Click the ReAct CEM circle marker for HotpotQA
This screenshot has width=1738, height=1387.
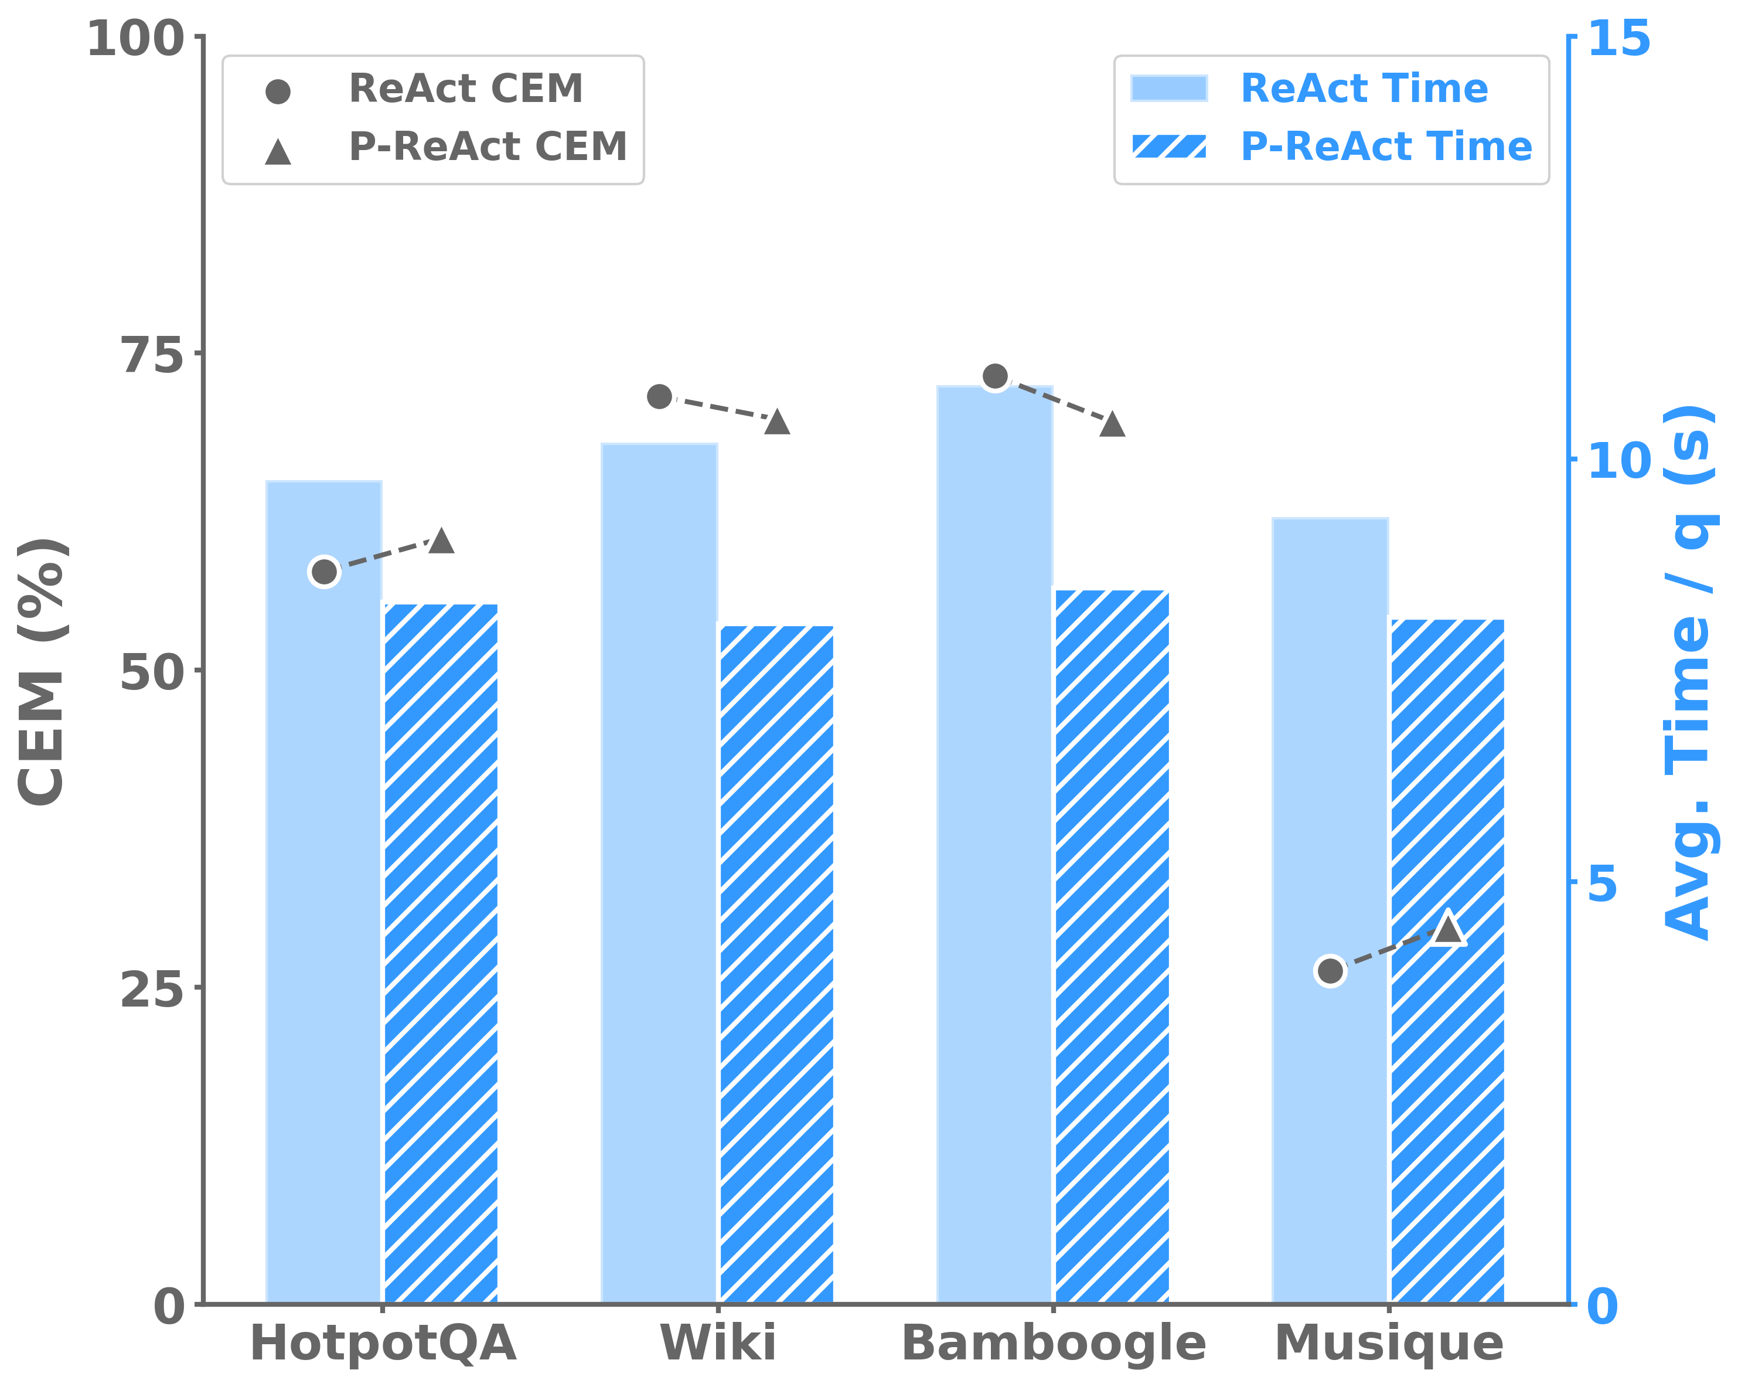coord(324,572)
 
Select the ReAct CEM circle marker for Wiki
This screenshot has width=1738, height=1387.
coord(659,397)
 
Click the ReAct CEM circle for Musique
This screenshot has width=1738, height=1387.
coord(1330,971)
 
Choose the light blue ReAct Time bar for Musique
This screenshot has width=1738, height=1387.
coord(1330,807)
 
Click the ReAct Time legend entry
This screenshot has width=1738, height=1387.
coord(1363,88)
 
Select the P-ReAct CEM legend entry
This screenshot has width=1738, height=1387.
coord(487,147)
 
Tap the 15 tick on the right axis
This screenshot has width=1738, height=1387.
coord(1618,39)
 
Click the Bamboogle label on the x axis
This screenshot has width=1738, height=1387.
coord(1054,1342)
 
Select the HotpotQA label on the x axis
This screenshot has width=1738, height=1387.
coord(383,1342)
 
